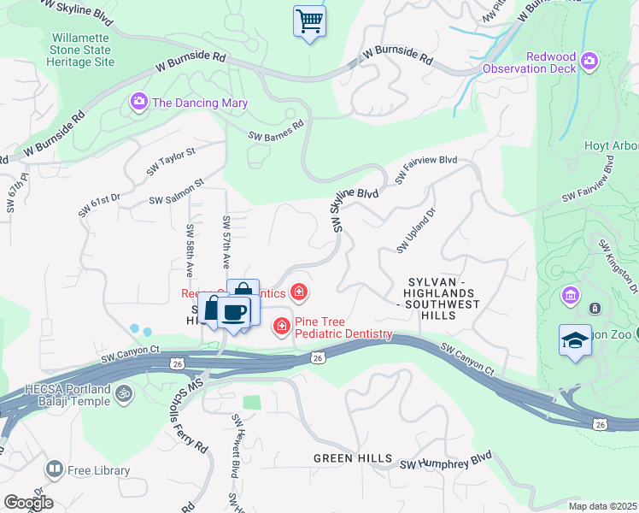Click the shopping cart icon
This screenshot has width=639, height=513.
point(309,21)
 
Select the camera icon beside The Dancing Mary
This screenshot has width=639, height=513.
point(138,103)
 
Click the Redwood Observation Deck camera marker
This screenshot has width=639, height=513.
point(588,61)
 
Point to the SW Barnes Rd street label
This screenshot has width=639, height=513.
point(276,130)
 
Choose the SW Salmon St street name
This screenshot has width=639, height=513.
point(176,192)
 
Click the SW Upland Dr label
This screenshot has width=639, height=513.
point(415,230)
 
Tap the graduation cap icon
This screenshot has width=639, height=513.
point(575,340)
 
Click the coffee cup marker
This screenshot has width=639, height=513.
point(233,310)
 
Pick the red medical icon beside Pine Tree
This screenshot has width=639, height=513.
point(281,326)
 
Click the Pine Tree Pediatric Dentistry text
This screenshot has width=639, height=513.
point(343,327)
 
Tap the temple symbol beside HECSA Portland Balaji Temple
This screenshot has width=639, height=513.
point(124,394)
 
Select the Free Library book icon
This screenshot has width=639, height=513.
point(54,469)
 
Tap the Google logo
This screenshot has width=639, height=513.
point(28,503)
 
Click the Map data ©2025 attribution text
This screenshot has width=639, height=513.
point(602,506)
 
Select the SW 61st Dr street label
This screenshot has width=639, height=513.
point(101,205)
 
